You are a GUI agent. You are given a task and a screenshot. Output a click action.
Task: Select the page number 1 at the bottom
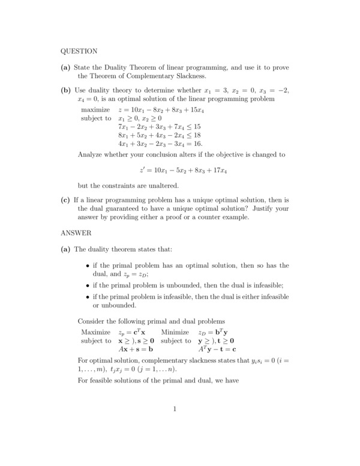(174, 410)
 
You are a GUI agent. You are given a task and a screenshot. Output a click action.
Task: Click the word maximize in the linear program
(95, 110)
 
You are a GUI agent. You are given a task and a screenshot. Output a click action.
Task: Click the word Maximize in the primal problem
(96, 332)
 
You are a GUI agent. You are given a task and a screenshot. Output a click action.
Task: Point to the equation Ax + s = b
(136, 349)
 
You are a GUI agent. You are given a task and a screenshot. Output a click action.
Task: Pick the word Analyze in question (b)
(92, 154)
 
